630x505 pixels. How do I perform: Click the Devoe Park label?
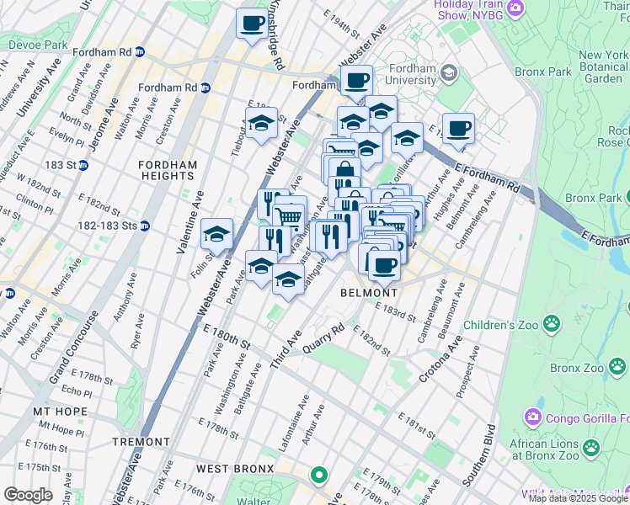36,44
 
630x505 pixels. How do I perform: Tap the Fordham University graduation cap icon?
451,73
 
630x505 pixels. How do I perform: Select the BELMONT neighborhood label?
368,293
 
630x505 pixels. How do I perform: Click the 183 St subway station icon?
83,165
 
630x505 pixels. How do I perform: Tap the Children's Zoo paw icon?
552,322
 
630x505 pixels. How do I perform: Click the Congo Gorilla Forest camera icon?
533,416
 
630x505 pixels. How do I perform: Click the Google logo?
28,494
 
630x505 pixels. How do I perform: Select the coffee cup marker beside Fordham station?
357,81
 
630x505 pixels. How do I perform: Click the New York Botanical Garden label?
603,66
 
